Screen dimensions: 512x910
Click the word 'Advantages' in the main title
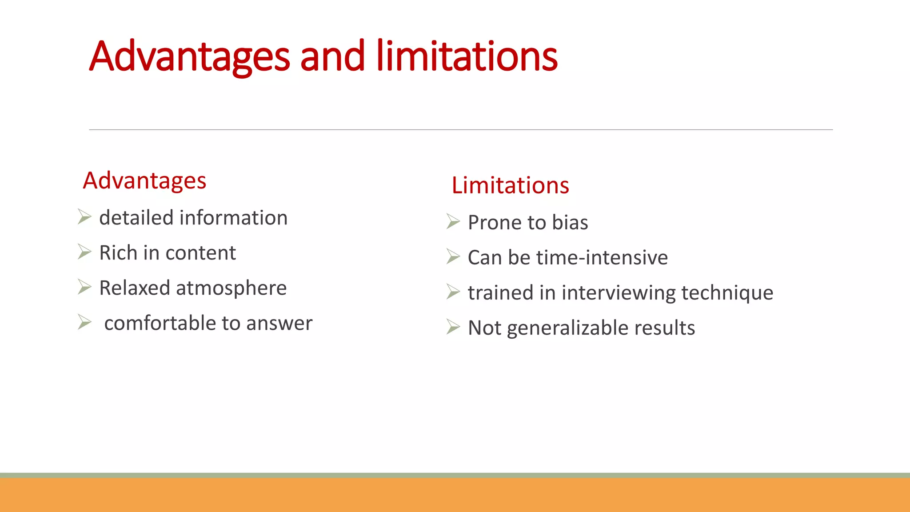189,56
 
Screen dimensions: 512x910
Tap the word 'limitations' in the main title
467,56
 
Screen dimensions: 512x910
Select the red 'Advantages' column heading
144,181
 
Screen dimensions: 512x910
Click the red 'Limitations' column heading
510,185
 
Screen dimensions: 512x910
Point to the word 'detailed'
136,218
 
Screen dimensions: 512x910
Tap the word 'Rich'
118,253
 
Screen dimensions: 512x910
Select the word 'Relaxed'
134,288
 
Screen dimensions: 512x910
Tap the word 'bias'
570,223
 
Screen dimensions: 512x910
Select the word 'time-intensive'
602,258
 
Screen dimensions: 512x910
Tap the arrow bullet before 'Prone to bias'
453,221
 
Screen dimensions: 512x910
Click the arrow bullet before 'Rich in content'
84,252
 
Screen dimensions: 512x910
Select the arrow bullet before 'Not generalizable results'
453,327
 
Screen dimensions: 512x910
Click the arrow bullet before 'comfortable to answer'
84,322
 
